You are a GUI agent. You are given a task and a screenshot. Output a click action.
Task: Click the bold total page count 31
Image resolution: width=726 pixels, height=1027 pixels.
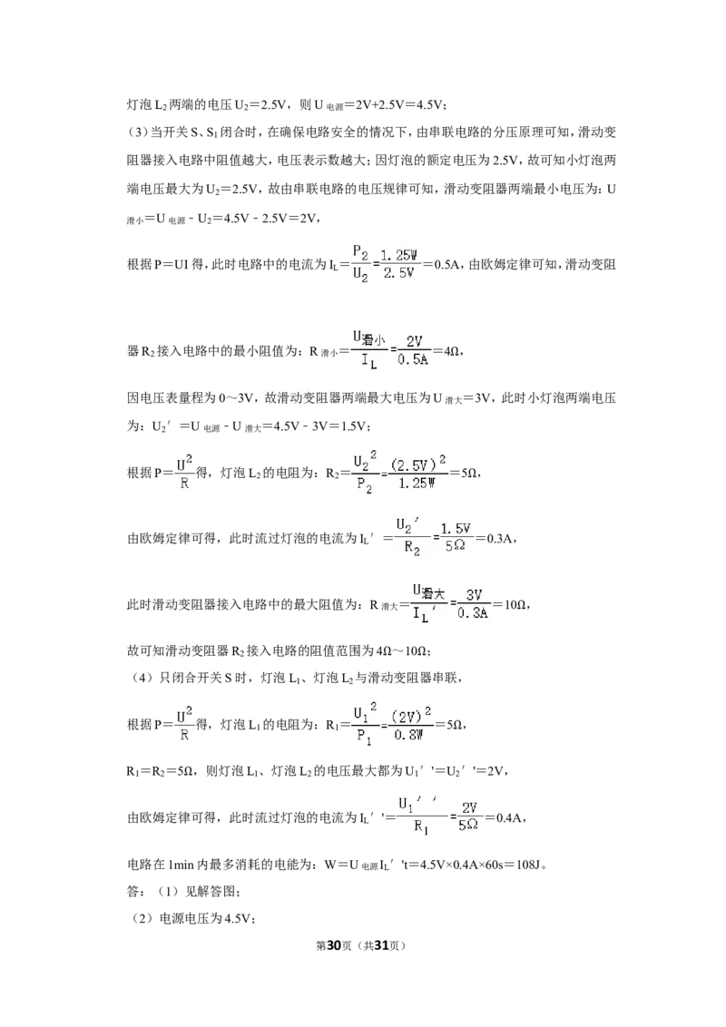pos(382,945)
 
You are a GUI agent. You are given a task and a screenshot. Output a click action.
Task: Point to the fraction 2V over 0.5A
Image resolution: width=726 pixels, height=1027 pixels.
pos(413,351)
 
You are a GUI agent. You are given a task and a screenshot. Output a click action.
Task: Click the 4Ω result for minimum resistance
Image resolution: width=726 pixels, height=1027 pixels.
pos(452,352)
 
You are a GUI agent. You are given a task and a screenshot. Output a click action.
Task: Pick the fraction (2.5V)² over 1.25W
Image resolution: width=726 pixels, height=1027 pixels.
pos(418,473)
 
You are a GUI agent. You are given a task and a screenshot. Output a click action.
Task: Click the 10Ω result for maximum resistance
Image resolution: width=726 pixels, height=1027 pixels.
pos(515,604)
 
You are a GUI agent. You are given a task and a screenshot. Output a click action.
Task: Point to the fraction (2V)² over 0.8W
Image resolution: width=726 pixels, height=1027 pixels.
pos(410,725)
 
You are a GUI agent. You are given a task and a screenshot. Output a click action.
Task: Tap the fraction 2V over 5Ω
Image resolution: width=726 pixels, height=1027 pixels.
pos(469,817)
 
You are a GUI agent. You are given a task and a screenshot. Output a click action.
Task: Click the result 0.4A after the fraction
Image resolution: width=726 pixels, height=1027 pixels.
pos(508,817)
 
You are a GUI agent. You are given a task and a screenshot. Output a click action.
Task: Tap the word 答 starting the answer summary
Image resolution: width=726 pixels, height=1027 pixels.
pos(132,892)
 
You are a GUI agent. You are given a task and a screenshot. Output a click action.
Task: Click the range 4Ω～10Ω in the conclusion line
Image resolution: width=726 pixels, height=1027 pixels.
pos(402,651)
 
